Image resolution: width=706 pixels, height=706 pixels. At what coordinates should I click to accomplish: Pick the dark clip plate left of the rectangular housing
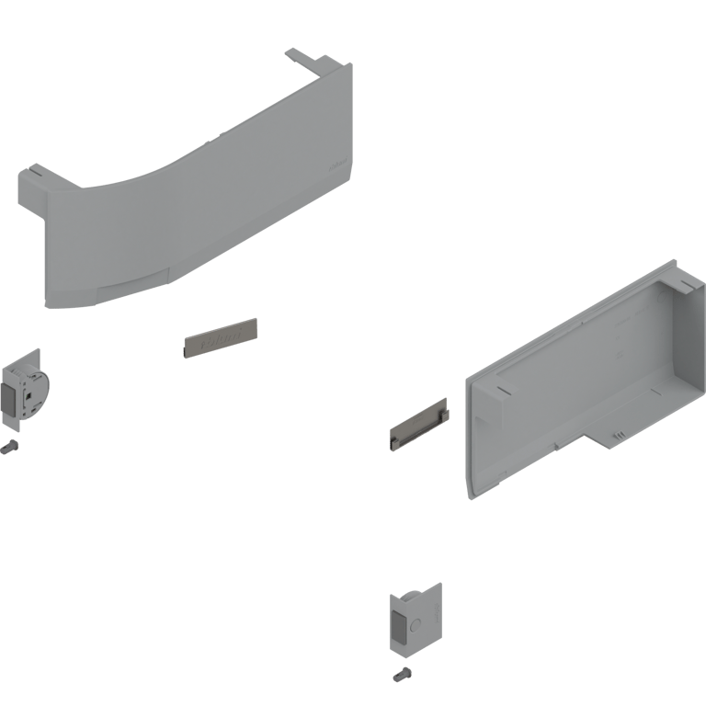point(419,428)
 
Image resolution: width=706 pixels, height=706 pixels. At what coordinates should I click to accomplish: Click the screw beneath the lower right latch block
point(402,677)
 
